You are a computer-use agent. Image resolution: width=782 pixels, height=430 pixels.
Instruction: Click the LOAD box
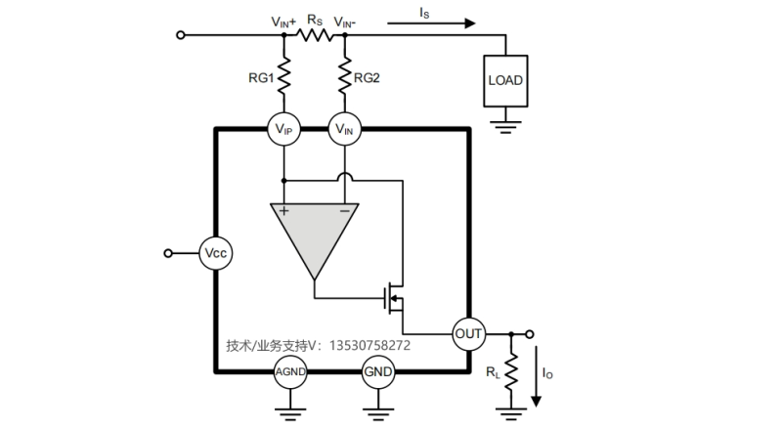505,81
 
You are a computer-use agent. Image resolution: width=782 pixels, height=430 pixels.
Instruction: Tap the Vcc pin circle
215,253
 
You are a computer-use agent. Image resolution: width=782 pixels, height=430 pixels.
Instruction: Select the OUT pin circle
469,333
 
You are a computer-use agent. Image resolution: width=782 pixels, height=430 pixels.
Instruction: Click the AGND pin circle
290,371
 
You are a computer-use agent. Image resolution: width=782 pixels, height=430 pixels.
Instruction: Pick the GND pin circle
378,371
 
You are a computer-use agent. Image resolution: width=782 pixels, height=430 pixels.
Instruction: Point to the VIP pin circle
283,129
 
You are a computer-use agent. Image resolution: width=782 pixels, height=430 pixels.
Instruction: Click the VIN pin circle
345,129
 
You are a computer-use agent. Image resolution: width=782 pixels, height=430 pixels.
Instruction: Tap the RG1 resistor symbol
283,76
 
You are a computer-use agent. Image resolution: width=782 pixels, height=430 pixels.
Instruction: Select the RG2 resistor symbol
345,76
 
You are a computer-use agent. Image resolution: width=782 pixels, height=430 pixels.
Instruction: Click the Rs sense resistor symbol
315,35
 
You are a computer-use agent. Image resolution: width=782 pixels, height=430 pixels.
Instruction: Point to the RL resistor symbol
511,371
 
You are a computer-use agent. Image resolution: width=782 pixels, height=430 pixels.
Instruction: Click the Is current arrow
431,22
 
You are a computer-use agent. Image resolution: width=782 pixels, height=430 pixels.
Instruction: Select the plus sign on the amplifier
283,211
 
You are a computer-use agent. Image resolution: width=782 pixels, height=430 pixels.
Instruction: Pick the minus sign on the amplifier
345,211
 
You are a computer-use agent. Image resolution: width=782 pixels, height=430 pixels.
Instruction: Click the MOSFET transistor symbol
395,299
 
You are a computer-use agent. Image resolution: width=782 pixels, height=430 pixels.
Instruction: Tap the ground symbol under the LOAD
505,127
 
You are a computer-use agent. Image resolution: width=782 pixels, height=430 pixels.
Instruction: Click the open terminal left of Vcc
168,253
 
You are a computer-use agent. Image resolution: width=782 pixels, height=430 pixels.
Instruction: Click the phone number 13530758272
369,345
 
